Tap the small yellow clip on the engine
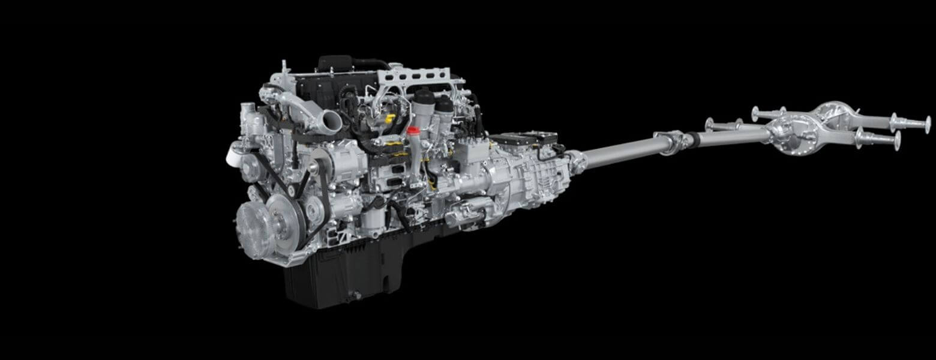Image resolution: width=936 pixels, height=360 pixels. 389,119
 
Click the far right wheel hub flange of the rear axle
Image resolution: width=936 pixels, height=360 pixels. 927,125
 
